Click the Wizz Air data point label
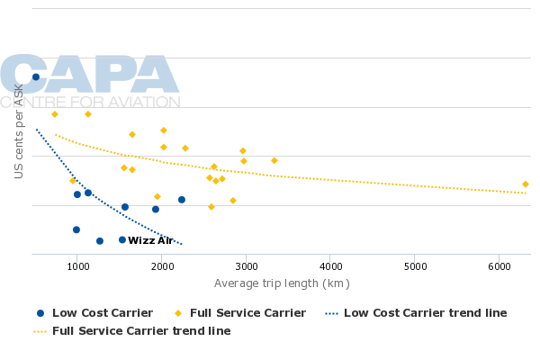(x=150, y=240)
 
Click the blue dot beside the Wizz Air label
(x=122, y=239)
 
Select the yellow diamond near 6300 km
(x=526, y=184)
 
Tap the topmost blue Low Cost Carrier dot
(x=36, y=77)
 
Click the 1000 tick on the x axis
(x=77, y=266)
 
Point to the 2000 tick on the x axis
(x=162, y=266)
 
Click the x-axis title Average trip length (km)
(x=282, y=283)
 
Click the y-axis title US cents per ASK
(x=19, y=130)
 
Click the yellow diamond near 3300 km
(x=274, y=161)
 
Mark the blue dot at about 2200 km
(x=182, y=200)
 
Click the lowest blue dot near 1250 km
(x=100, y=240)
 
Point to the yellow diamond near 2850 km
(x=233, y=201)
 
